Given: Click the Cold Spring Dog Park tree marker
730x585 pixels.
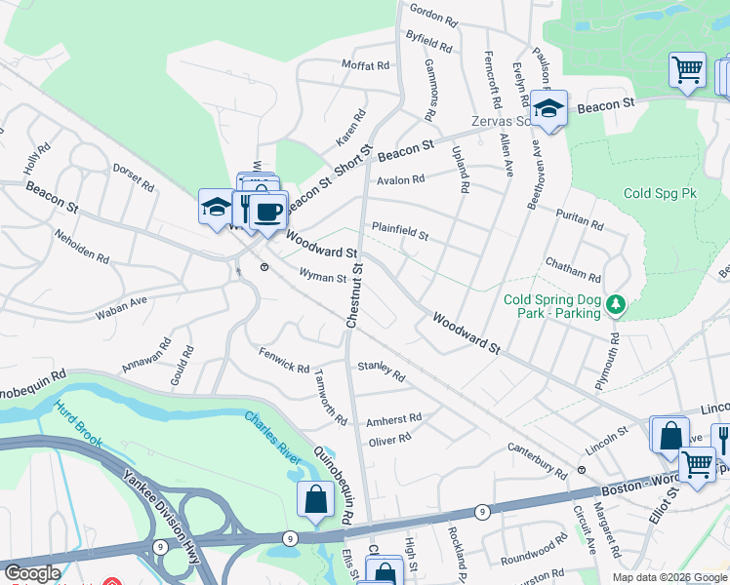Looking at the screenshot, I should point(615,305).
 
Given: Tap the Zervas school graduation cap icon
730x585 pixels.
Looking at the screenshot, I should point(549,109).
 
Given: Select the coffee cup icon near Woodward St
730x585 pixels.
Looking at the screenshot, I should point(267,210).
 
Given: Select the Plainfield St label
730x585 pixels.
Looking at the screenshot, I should point(399,233).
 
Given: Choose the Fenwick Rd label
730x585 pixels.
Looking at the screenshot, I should point(284,360).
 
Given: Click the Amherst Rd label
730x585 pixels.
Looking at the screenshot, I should point(393,419).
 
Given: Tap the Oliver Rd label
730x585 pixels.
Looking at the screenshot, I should point(389,440).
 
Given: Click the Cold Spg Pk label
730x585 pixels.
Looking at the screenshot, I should point(660,193).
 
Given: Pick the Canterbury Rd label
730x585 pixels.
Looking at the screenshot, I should point(537,458).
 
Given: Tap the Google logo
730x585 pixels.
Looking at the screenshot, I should point(32,573).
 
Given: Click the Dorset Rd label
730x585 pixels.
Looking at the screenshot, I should point(133,175).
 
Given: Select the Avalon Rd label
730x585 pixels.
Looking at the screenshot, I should point(401,179).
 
